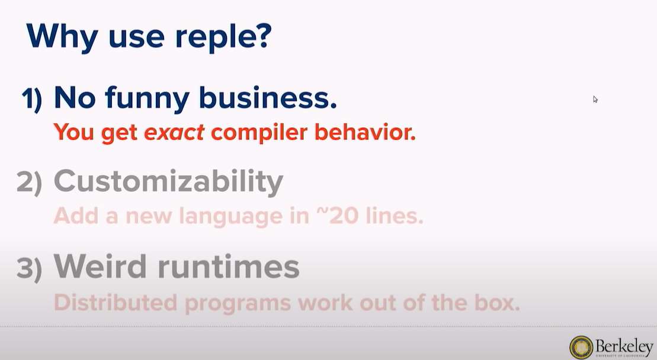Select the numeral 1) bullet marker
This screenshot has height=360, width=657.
[33, 99]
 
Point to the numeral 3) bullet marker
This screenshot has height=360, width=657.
[29, 269]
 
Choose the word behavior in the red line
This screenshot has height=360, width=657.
[365, 132]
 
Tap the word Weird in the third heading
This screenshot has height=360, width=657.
[101, 268]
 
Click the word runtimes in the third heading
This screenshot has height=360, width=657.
[228, 268]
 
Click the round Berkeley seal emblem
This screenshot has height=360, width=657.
[581, 347]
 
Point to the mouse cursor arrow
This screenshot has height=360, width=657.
[595, 99]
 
